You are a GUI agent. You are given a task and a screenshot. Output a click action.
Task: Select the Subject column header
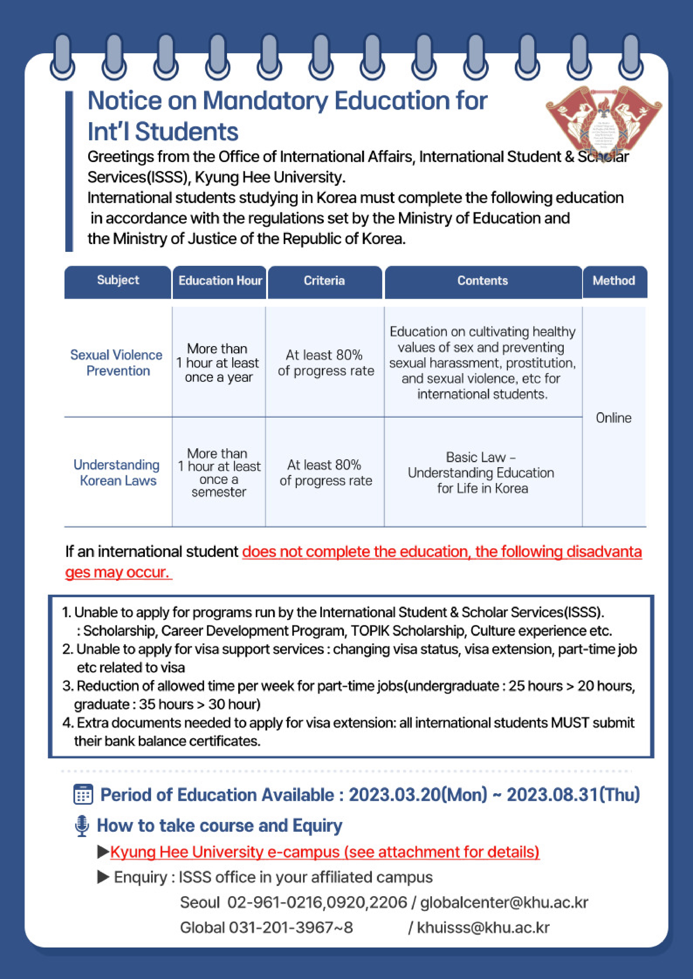pyautogui.click(x=118, y=280)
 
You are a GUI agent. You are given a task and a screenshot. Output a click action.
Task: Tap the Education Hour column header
pyautogui.click(x=220, y=281)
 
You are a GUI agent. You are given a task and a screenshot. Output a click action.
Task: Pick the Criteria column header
pyautogui.click(x=324, y=281)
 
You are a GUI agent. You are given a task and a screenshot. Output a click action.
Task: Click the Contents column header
pyautogui.click(x=483, y=281)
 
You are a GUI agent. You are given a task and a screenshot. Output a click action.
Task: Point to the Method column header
pyautogui.click(x=614, y=281)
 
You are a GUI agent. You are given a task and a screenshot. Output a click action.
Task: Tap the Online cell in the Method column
pyautogui.click(x=614, y=418)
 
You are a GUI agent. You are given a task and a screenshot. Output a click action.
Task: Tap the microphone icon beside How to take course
pyautogui.click(x=82, y=826)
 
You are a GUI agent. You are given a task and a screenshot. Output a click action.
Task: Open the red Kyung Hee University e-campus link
pyautogui.click(x=325, y=852)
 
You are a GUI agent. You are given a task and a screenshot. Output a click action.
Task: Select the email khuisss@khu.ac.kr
pyautogui.click(x=483, y=927)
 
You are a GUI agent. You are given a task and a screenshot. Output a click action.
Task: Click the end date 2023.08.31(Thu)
pyautogui.click(x=573, y=794)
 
